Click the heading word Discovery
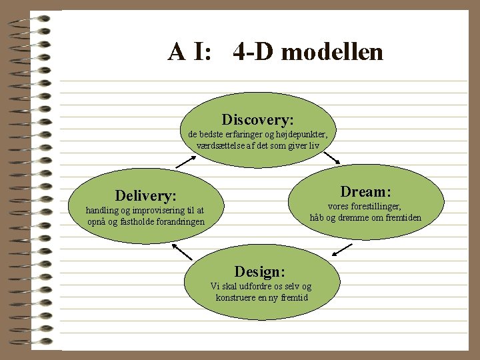(257, 120)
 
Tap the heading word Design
(259, 271)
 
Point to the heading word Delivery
(145, 195)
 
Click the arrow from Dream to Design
(342, 249)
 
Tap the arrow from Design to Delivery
(181, 251)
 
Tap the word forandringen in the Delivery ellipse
(176, 221)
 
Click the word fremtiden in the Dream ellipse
(401, 217)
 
